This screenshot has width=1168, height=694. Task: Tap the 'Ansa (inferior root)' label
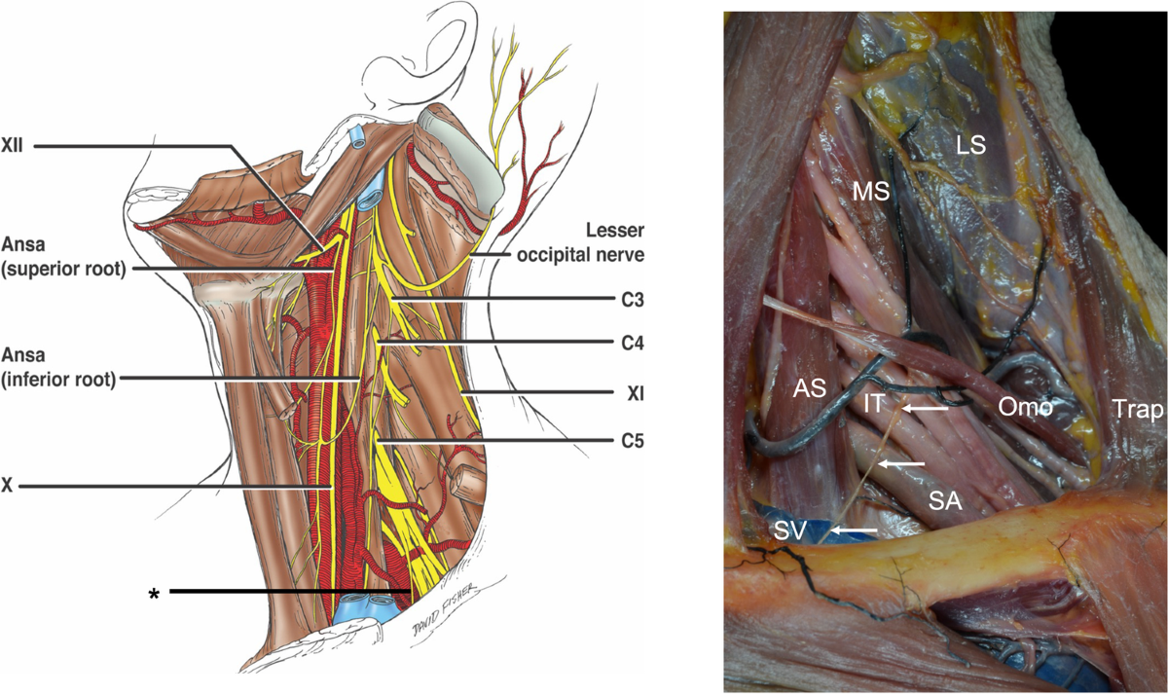pyautogui.click(x=58, y=364)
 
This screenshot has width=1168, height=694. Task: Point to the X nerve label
pyautogui.click(x=8, y=485)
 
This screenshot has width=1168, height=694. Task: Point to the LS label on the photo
pyautogui.click(x=969, y=146)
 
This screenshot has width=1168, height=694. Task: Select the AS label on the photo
pyautogui.click(x=809, y=387)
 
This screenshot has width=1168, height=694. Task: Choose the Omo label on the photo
pyautogui.click(x=1026, y=409)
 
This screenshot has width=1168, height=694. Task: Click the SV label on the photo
pyautogui.click(x=792, y=530)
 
